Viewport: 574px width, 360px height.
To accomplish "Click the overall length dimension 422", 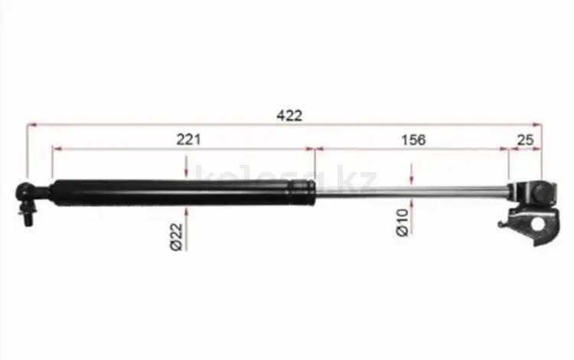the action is pos(289,116).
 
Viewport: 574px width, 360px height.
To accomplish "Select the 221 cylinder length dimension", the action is pos(188,139).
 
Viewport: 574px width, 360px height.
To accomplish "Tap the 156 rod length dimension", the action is pos(413,139).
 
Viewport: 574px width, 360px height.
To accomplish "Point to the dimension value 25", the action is pos(525,139).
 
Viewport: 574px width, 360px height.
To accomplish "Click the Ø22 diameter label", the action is pos(177,237).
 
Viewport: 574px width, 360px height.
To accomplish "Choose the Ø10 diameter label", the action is pos(403,223).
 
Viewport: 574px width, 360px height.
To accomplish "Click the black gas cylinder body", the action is pos(183,192).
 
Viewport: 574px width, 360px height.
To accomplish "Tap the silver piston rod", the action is pos(412,191).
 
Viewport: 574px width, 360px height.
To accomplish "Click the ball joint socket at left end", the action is pos(25,192).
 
